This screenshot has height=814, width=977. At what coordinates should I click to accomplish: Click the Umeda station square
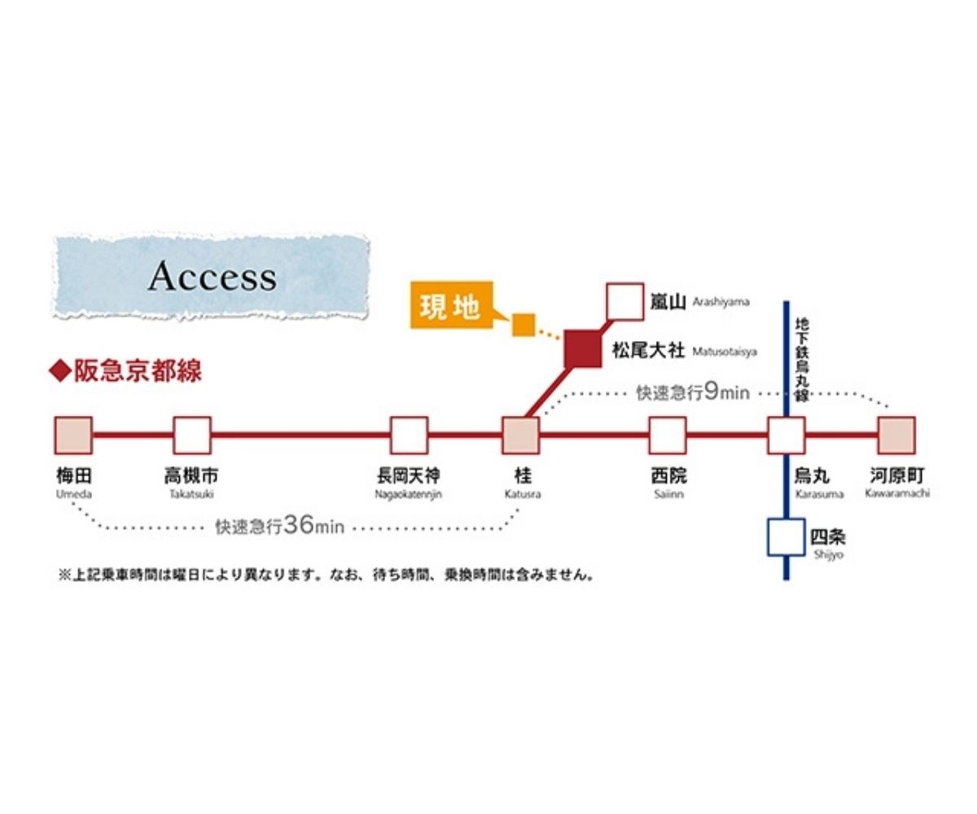pos(73,435)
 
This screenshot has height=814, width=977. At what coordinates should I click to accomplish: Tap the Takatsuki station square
pos(192,435)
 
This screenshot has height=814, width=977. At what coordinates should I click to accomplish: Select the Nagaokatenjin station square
pos(409,435)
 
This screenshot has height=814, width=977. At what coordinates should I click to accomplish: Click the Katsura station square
pos(520,435)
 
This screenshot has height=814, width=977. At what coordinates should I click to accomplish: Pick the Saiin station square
pos(667,435)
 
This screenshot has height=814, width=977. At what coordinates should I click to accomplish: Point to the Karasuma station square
pos(786,435)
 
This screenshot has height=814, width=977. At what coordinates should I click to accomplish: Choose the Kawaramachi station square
pos(896,435)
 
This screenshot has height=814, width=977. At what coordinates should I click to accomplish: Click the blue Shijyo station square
pos(786,536)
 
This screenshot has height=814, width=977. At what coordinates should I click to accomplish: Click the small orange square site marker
pos(523,325)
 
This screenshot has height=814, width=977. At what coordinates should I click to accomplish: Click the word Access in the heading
pos(212,278)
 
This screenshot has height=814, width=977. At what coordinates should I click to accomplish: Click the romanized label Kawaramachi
pos(897,494)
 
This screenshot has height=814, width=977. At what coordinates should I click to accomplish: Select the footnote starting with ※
pos(326,575)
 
